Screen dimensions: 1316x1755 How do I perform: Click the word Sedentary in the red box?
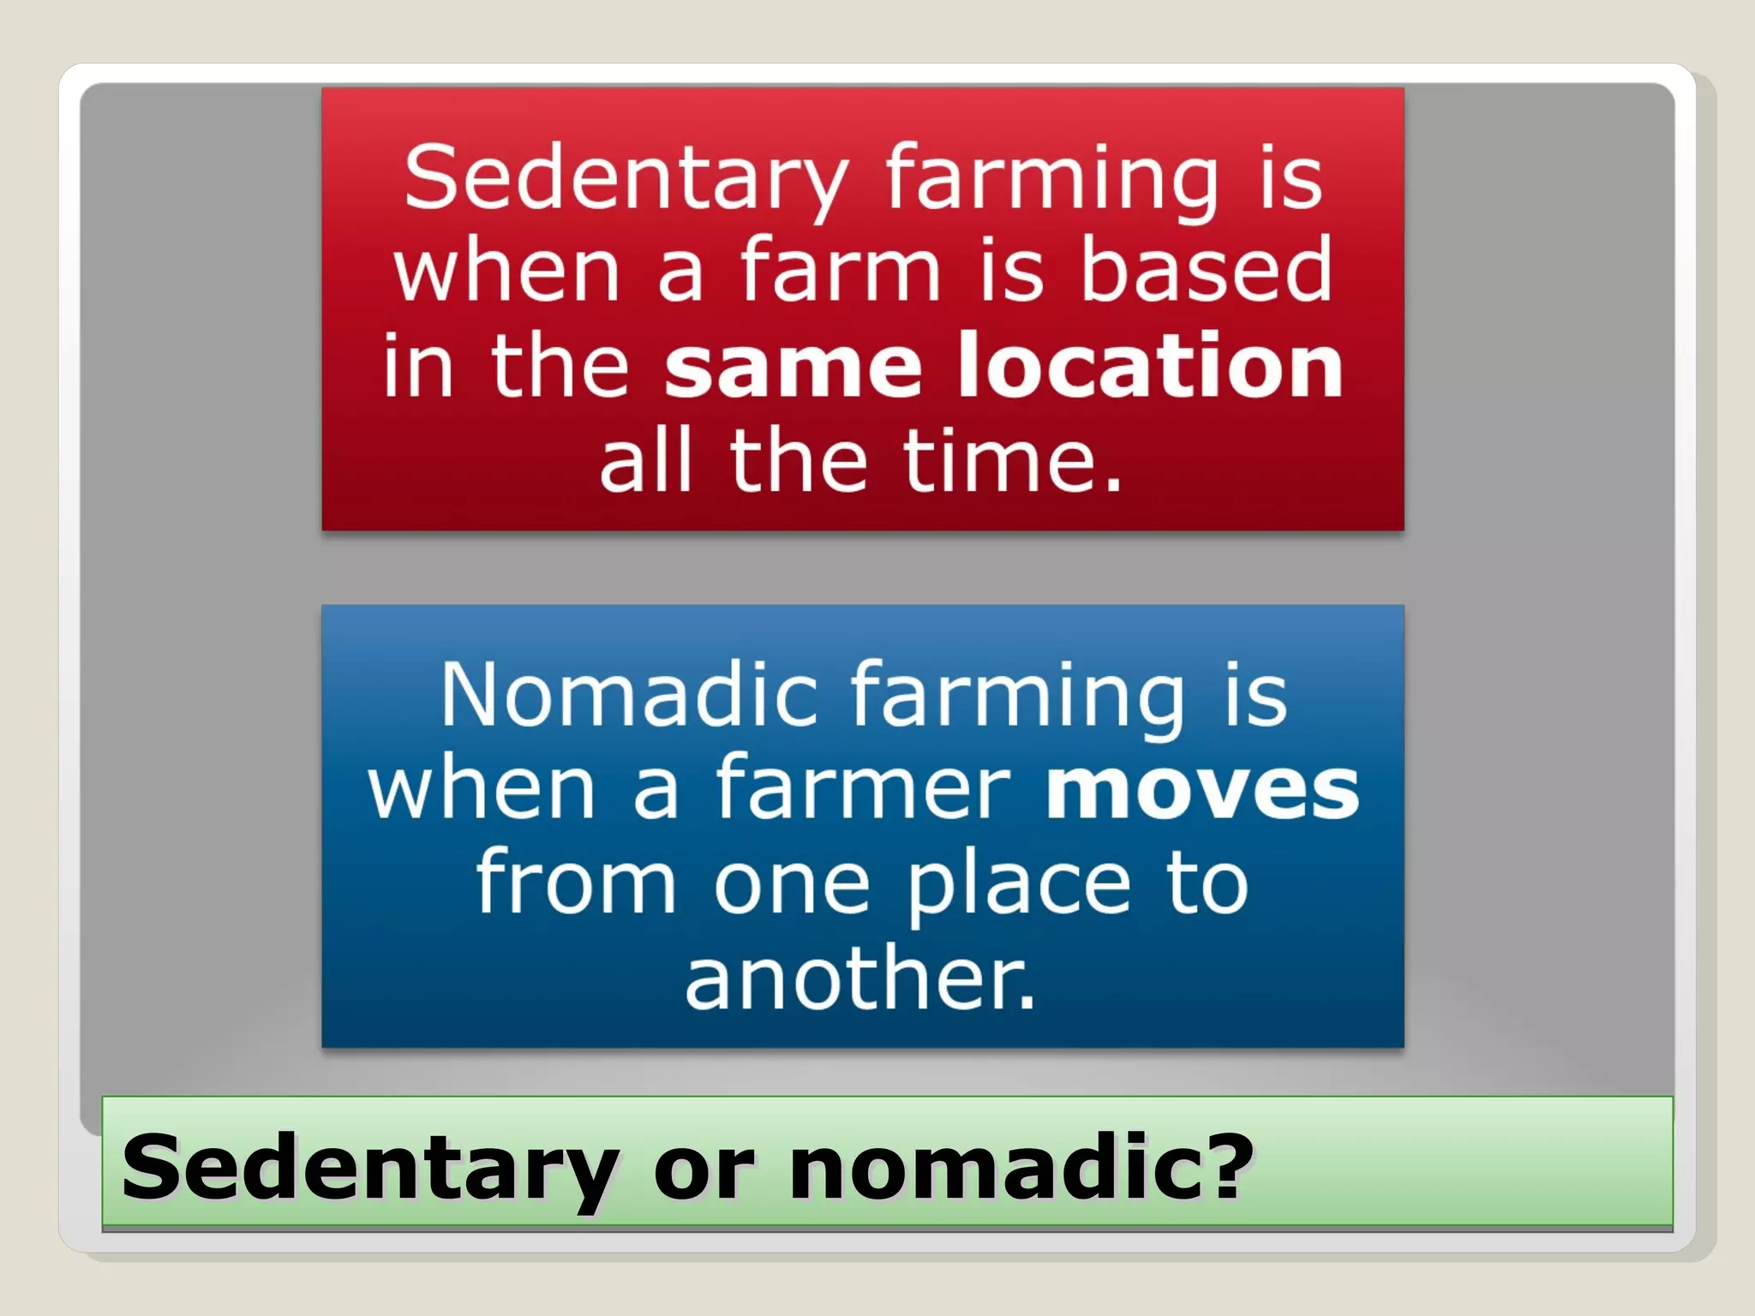click(x=626, y=178)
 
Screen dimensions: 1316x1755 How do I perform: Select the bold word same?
click(x=793, y=368)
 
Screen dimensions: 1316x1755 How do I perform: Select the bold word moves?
click(x=1201, y=789)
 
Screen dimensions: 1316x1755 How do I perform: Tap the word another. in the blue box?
click(x=860, y=978)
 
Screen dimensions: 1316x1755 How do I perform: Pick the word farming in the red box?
click(x=1051, y=178)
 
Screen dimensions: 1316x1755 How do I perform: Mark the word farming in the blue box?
click(x=1017, y=695)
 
